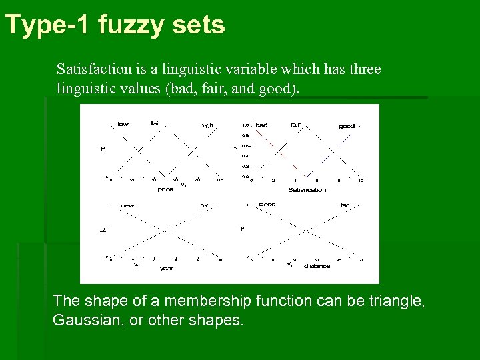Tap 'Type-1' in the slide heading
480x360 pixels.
click(48, 25)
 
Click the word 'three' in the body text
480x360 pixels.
click(361, 69)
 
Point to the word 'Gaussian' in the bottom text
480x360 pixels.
click(83, 320)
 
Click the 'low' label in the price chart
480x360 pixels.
click(123, 124)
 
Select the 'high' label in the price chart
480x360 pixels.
click(207, 125)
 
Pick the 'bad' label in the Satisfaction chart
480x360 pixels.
click(261, 124)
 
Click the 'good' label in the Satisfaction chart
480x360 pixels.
click(347, 125)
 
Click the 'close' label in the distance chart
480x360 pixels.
click(267, 204)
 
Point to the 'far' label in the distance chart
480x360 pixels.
click(344, 205)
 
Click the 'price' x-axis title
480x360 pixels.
click(165, 189)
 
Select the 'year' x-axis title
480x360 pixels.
click(166, 269)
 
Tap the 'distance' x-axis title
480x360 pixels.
click(316, 266)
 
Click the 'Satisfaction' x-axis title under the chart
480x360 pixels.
click(307, 189)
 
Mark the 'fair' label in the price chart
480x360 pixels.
click(155, 123)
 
